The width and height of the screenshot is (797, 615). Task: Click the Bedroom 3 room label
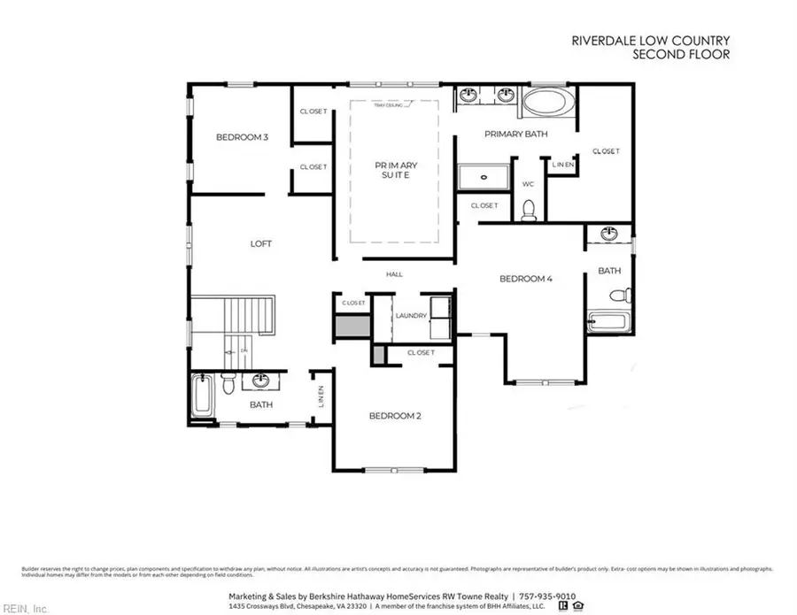(242, 137)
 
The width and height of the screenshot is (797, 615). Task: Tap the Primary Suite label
(395, 170)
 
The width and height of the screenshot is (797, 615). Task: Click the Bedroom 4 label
(526, 279)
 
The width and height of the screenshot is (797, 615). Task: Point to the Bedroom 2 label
(394, 415)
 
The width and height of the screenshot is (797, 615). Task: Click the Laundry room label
(411, 315)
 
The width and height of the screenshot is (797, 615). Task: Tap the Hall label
(394, 274)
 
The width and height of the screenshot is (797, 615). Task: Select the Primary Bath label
(515, 135)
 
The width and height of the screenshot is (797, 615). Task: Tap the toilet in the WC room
(529, 209)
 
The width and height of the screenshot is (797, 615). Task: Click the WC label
(528, 184)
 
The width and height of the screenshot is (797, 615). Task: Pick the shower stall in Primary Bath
(484, 177)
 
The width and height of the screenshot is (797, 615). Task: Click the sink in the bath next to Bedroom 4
(609, 234)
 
